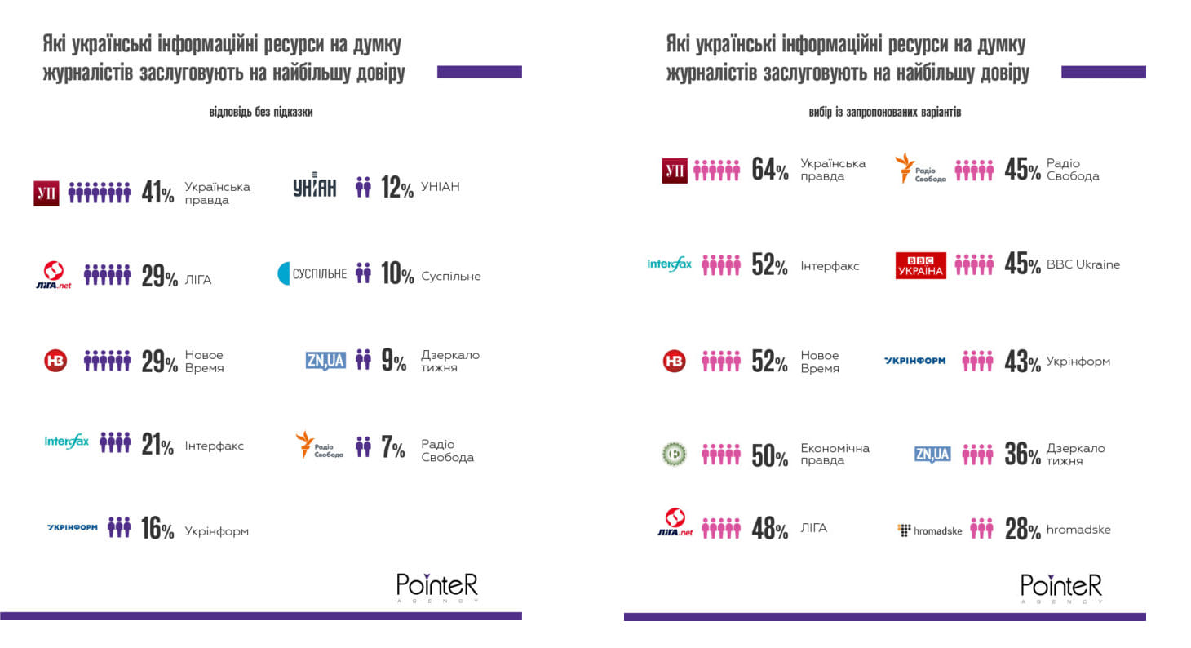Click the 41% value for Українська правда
[157, 192]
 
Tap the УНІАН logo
[314, 188]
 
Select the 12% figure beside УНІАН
[396, 188]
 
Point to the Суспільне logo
[312, 273]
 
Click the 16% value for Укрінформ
[157, 529]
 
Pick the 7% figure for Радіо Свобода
[392, 447]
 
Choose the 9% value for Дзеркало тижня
[393, 360]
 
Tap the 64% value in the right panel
[769, 169]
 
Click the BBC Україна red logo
[920, 265]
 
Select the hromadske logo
[929, 530]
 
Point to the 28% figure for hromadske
[1022, 529]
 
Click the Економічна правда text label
[835, 454]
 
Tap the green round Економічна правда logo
[674, 454]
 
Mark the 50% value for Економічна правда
[769, 455]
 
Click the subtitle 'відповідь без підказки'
[260, 112]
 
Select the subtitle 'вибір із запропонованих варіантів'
[884, 112]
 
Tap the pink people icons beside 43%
[977, 361]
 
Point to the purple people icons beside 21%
[115, 442]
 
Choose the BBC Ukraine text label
[1083, 264]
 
